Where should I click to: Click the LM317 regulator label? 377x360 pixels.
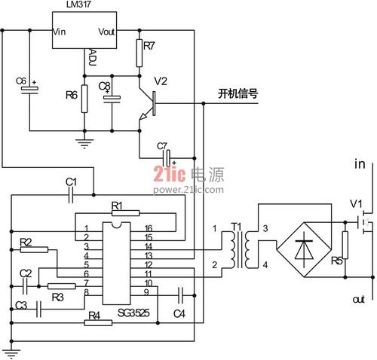78,5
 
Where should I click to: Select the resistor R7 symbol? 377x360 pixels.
139,53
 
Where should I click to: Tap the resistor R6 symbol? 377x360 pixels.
84,99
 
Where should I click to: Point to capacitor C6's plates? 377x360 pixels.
29,90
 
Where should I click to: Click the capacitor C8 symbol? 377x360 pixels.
112,99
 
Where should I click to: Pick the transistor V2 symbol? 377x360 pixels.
147,104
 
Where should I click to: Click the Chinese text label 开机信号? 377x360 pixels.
238,93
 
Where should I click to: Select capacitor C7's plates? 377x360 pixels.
167,158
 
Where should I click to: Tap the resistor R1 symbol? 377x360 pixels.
125,213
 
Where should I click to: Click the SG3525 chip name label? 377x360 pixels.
133,313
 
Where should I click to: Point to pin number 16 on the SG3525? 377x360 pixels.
149,228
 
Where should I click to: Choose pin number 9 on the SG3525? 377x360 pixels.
146,292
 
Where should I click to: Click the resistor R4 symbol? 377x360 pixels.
98,322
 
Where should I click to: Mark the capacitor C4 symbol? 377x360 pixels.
181,295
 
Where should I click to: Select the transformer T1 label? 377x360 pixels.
236,227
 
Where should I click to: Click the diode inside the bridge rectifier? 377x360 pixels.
304,249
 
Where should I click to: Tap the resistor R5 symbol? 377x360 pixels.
345,246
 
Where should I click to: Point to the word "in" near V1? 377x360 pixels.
360,164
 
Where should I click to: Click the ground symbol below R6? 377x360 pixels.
84,144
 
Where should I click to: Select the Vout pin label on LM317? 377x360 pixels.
106,32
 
